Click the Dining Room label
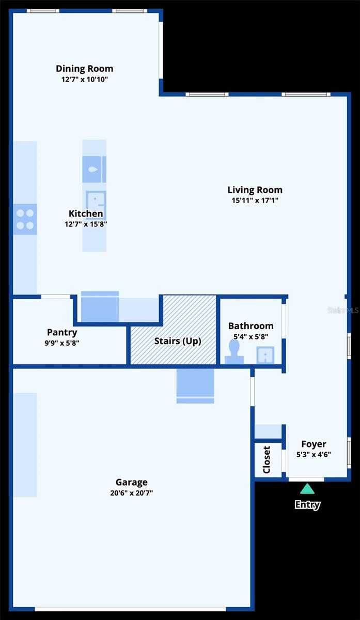84,69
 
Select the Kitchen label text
86,213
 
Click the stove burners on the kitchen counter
25,219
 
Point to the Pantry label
62,332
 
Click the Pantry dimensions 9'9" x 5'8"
62,343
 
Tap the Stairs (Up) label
178,341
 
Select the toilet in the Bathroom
234,353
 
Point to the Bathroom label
251,326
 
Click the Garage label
131,483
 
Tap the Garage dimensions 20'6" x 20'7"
131,493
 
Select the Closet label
267,459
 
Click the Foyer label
314,444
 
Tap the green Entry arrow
307,489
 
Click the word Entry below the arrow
307,505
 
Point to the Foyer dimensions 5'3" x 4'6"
314,455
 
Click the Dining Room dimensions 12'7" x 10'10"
84,80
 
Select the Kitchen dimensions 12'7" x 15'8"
86,224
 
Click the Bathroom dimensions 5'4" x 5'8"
251,336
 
